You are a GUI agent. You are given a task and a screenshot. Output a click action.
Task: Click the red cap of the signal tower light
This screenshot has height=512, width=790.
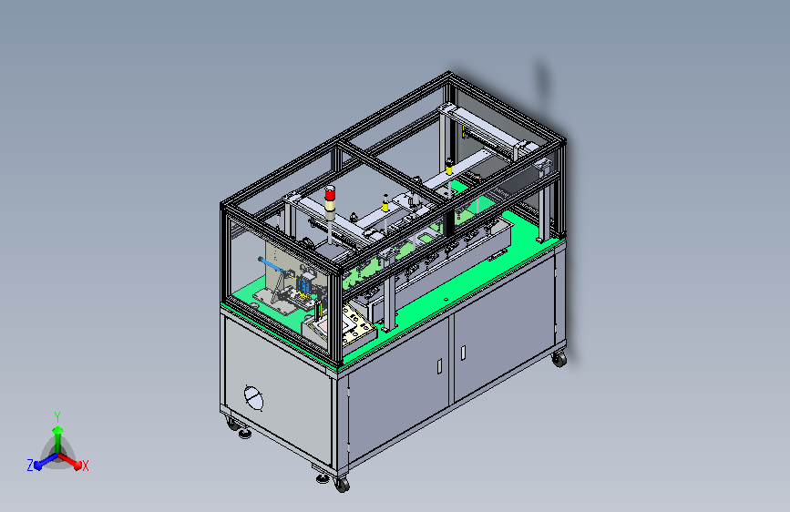(330, 193)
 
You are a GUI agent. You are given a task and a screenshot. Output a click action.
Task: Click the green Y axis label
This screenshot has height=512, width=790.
(57, 417)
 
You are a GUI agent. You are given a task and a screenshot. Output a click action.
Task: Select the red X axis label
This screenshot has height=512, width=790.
(85, 466)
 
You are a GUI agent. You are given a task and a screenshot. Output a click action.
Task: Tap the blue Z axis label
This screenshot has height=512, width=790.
(30, 466)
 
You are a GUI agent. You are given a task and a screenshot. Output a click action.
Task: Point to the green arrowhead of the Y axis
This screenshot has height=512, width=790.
(58, 430)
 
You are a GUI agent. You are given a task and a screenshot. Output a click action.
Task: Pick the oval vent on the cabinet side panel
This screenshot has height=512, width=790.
(253, 398)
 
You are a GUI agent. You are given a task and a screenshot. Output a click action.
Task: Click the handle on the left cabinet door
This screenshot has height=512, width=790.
(439, 366)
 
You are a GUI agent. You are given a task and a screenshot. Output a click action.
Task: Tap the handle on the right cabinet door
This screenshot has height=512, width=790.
(463, 353)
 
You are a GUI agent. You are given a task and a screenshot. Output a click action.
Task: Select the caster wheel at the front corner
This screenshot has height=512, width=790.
(342, 486)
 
